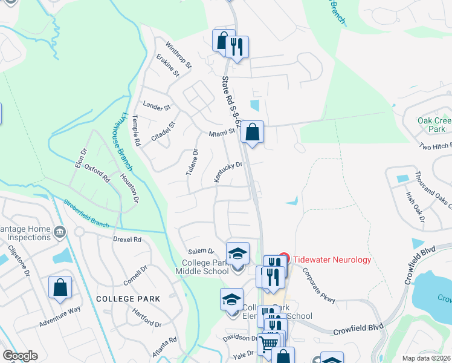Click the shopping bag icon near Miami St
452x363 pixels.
tap(252, 131)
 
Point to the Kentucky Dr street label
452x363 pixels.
tap(228, 172)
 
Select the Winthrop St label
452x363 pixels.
tap(179, 54)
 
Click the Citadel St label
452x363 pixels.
tap(163, 131)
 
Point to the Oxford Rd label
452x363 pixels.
tap(97, 173)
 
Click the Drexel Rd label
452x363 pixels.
tap(127, 240)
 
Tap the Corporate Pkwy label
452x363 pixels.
tap(318, 285)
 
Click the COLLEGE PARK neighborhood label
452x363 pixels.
tap(128, 299)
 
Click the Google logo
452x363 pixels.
tap(20, 356)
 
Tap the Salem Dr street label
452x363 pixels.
tap(201, 251)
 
